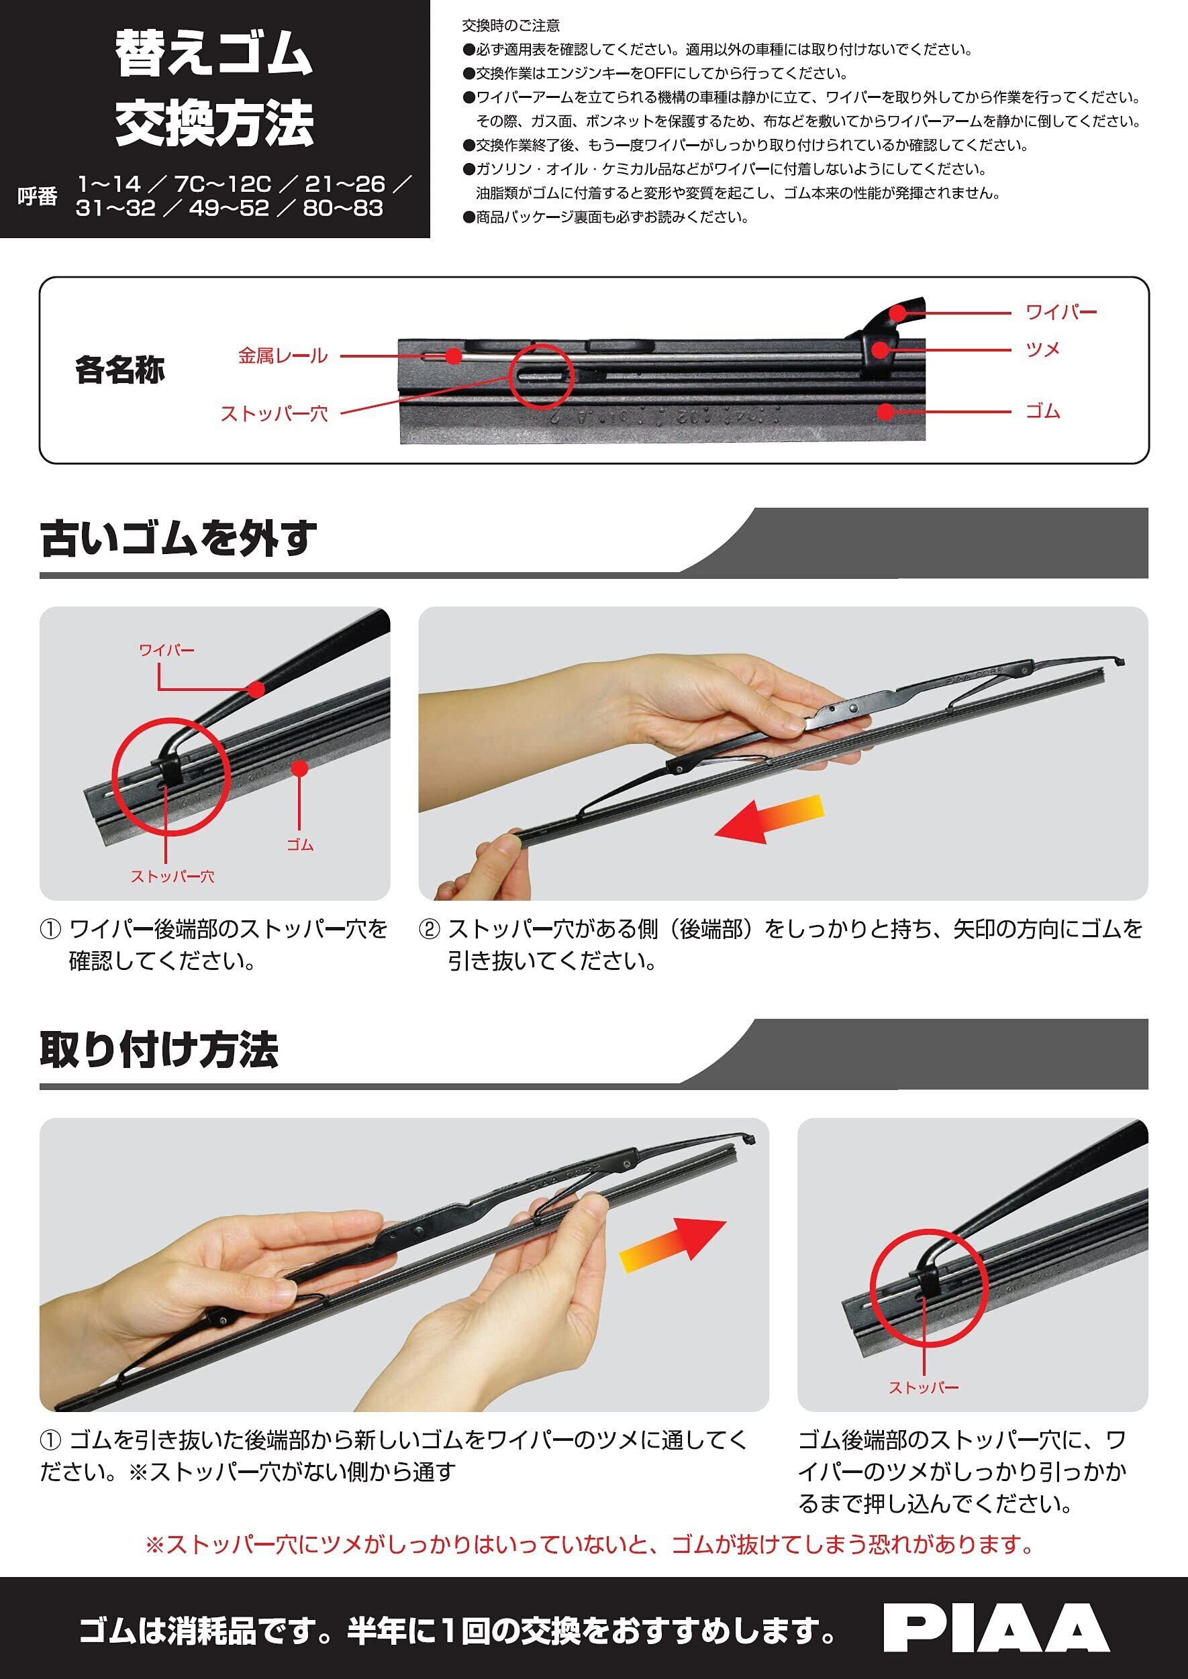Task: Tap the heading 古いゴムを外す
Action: tap(179, 539)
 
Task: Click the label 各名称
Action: tap(120, 370)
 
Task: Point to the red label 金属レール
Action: tap(283, 356)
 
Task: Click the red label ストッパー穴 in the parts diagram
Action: tap(275, 414)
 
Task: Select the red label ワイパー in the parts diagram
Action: tap(1061, 312)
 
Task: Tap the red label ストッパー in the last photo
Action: tap(924, 1387)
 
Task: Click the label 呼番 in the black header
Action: tap(38, 197)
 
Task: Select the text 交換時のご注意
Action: tap(511, 25)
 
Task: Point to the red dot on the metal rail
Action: tap(454, 356)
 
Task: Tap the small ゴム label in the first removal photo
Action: tap(300, 845)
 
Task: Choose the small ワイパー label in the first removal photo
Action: tap(166, 650)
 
